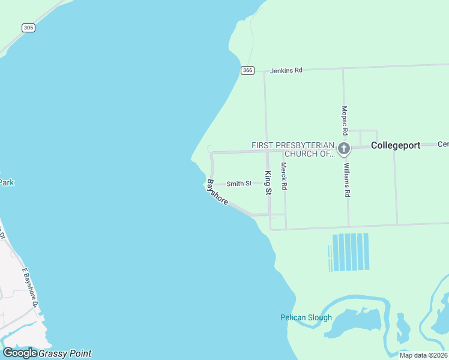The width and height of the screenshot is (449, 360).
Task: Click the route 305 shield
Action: (28, 28)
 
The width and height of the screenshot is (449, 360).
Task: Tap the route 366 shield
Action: (247, 70)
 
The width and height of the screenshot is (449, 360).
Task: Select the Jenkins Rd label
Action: (286, 70)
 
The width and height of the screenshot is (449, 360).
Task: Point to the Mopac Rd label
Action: (345, 120)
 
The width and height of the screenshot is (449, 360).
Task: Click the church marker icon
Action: (344, 149)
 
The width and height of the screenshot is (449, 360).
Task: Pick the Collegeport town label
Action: (396, 145)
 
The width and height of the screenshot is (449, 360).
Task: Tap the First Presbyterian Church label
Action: (292, 149)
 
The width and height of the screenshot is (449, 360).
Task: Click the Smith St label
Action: (239, 184)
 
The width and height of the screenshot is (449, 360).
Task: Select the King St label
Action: (268, 182)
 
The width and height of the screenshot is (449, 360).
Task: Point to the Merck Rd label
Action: (284, 176)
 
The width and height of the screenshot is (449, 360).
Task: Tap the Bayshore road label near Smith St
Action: (217, 192)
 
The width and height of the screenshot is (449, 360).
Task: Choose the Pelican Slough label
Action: (306, 317)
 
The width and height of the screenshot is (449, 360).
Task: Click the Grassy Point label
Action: (65, 353)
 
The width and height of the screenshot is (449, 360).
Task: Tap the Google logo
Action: (20, 353)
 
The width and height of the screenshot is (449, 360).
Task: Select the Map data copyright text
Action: (423, 355)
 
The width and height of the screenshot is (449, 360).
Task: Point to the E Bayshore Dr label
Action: (31, 288)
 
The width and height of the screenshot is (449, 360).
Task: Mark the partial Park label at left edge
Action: (6, 182)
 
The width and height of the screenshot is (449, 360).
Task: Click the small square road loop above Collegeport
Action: (364, 137)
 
